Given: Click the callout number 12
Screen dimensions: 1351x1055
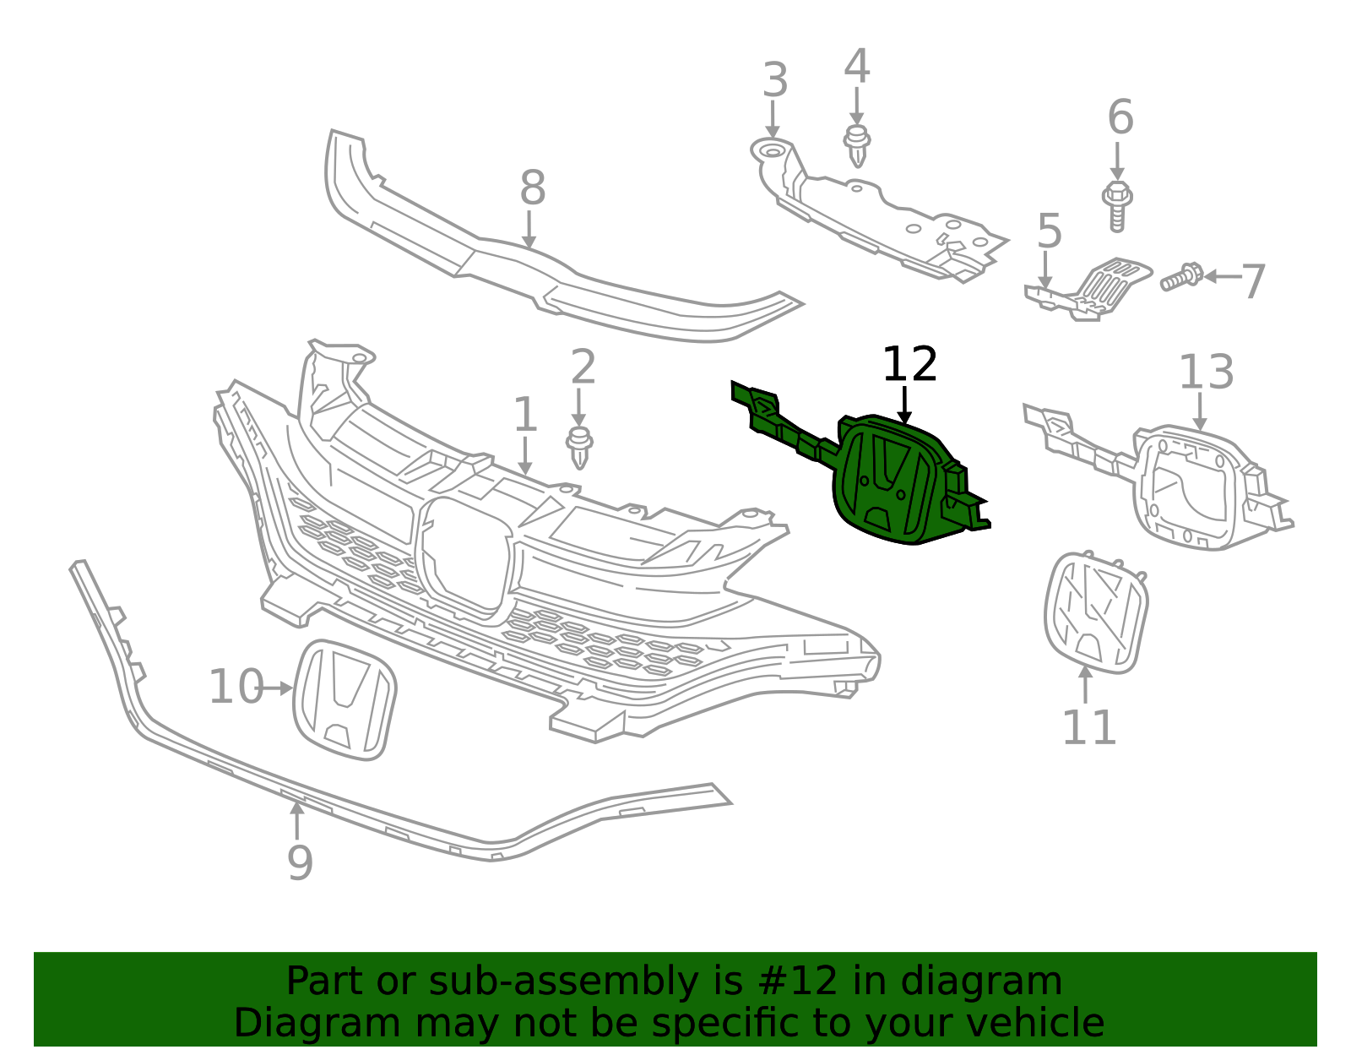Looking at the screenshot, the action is point(909,364).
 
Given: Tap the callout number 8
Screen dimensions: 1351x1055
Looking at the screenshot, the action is point(533,188).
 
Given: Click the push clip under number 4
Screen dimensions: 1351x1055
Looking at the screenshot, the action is point(857,146).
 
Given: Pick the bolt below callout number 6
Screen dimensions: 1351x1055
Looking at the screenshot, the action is point(1117,206).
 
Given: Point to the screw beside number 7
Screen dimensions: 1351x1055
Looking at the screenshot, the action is point(1182,277).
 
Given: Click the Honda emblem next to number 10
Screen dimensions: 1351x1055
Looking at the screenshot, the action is point(345,700).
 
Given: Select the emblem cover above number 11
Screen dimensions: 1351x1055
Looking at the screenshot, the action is point(1096,612).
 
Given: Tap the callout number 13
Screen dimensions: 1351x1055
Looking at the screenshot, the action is point(1206,372).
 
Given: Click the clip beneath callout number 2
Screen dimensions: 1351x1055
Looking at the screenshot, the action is point(579,448).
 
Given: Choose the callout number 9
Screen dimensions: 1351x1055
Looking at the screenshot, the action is point(300,862).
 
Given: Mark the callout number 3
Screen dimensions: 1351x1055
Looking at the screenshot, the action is point(775,80).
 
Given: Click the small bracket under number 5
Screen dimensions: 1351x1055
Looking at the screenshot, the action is point(1088,289).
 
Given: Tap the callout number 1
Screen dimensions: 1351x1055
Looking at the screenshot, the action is point(525,415).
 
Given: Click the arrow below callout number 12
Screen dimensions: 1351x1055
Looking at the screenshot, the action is point(904,406).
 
